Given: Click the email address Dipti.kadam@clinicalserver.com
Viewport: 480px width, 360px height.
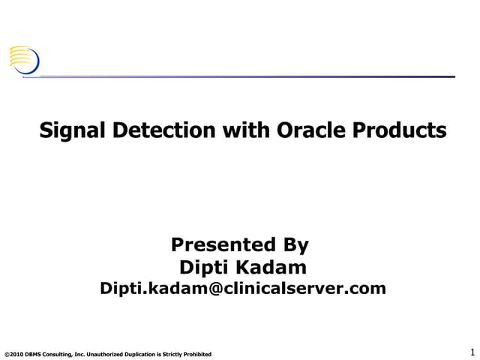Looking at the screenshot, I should (x=243, y=288).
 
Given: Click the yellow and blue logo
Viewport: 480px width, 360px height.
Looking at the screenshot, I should (x=23, y=59).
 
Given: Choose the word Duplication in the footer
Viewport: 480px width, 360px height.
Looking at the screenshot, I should (x=145, y=354).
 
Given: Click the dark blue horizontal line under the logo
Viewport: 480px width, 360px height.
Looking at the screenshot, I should (x=247, y=76).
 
